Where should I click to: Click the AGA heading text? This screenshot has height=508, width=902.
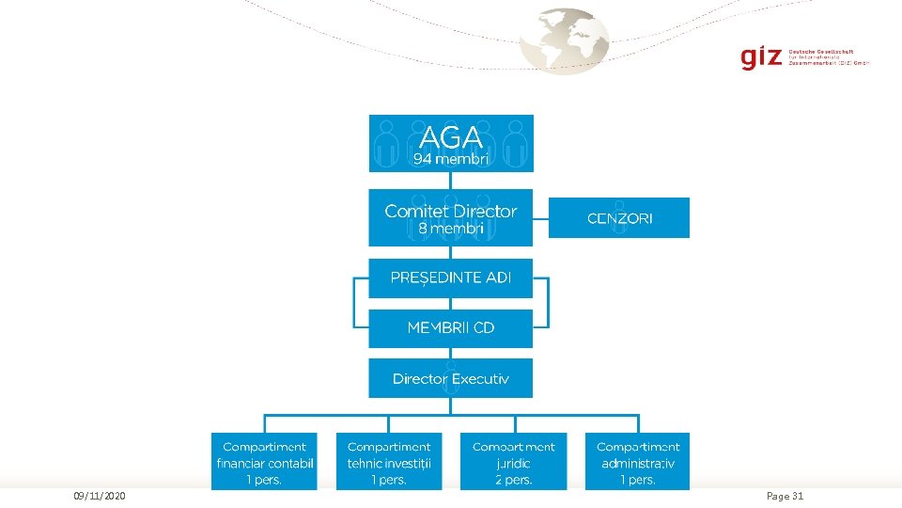[451, 137]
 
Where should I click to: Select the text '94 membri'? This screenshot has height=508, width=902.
[451, 160]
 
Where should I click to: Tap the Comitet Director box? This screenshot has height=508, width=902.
[451, 218]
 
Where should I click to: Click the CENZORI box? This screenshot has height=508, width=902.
[619, 218]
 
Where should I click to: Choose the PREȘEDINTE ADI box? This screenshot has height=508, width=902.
[451, 278]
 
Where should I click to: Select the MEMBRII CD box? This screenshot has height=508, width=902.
[451, 328]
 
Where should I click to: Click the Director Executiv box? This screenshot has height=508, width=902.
[451, 378]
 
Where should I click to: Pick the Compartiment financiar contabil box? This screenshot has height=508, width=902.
[264, 462]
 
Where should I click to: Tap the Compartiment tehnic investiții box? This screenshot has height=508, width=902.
[389, 462]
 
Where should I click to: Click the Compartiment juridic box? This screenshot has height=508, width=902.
[514, 462]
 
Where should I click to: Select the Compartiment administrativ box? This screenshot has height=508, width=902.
[638, 462]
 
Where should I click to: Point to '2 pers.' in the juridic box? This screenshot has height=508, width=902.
[514, 480]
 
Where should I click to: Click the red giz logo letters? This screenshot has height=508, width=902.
[760, 57]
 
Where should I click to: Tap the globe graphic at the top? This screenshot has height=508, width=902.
[565, 40]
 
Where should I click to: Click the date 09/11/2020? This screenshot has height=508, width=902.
[101, 496]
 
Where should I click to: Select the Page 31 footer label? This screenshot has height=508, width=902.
[785, 496]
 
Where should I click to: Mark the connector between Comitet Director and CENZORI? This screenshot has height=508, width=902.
[540, 217]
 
